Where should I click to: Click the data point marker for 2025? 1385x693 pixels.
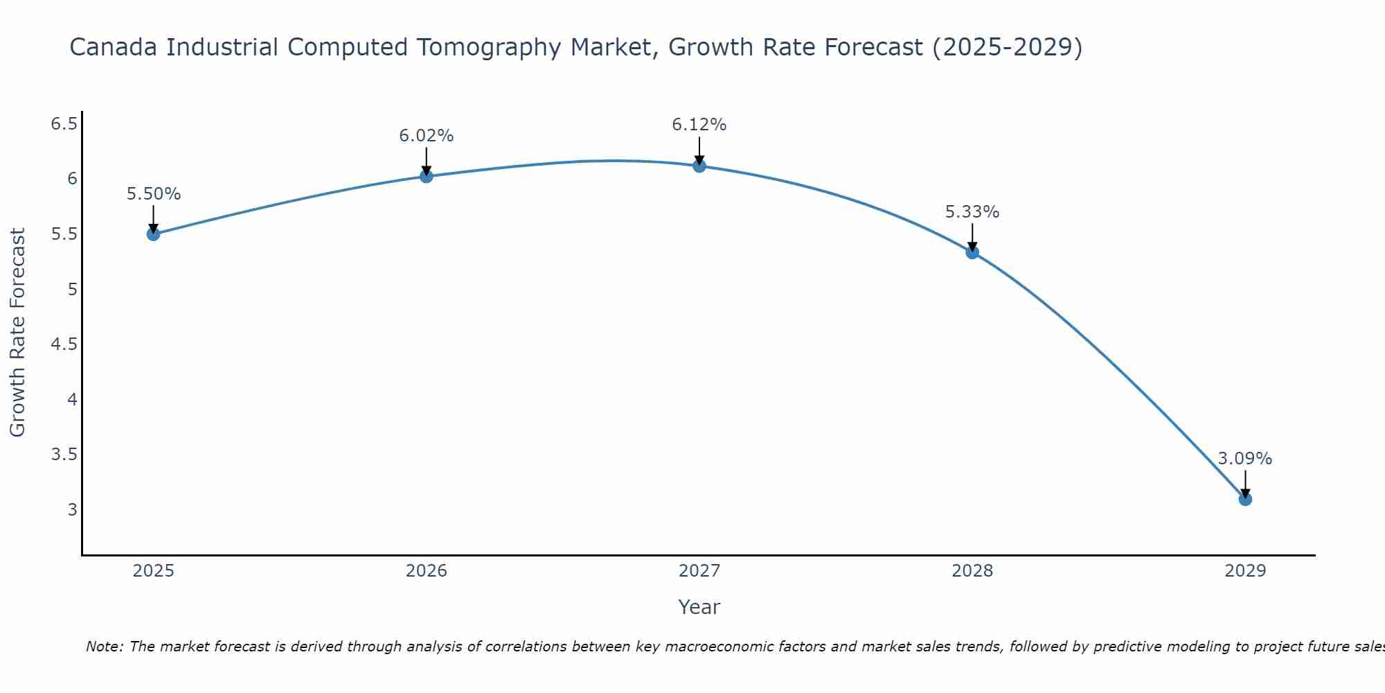[153, 234]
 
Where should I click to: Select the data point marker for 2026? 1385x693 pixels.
[426, 176]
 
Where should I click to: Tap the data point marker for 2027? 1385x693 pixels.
[699, 166]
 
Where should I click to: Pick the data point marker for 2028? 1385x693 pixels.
[972, 252]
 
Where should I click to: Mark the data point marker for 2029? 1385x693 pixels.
[1245, 499]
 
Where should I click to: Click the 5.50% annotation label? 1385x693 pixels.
[153, 194]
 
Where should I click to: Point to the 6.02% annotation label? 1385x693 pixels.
[426, 136]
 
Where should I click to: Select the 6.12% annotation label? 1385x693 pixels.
[699, 125]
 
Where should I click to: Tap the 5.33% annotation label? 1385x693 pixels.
[972, 212]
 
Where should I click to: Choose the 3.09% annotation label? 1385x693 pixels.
[1244, 459]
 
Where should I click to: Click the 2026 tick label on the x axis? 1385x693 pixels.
[426, 571]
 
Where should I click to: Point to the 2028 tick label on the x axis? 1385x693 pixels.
[972, 571]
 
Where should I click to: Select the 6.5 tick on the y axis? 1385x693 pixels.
[64, 124]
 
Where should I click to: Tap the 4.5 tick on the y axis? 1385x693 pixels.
[64, 344]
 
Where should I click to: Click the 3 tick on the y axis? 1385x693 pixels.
[72, 510]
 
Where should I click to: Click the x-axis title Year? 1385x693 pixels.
[699, 607]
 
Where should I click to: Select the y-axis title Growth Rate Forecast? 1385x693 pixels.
[17, 333]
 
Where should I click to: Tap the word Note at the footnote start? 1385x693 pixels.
[104, 647]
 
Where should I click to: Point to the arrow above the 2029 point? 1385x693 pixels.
[1245, 483]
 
